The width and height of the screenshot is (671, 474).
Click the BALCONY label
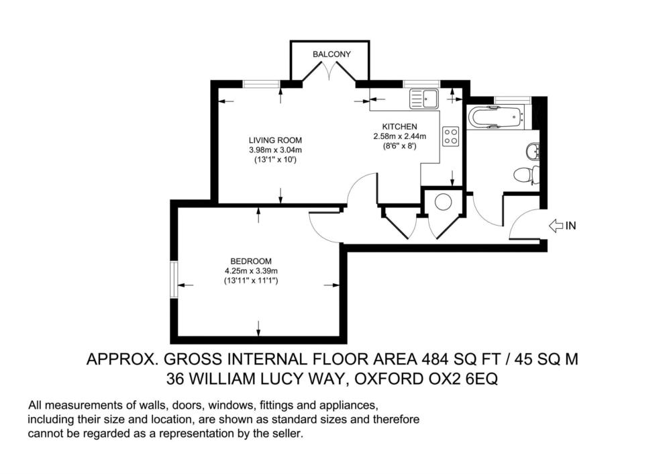click(x=331, y=54)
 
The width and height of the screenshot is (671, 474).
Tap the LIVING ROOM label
click(x=275, y=140)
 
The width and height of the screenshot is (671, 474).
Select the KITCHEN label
click(x=399, y=127)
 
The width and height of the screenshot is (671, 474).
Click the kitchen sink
click(x=423, y=99)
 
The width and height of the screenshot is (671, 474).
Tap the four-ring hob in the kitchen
click(x=451, y=136)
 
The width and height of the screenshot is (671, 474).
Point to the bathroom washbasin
click(x=533, y=150)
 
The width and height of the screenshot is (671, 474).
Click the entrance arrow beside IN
click(x=556, y=225)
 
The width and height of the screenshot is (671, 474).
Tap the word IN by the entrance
click(x=571, y=225)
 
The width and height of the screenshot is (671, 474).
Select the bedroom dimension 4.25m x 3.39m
click(x=251, y=271)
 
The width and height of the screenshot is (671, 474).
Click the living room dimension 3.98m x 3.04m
click(x=275, y=150)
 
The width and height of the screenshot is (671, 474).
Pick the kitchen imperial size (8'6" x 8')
click(x=399, y=146)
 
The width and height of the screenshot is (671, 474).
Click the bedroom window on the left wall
click(x=173, y=279)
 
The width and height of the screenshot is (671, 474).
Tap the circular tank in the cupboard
click(x=443, y=203)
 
